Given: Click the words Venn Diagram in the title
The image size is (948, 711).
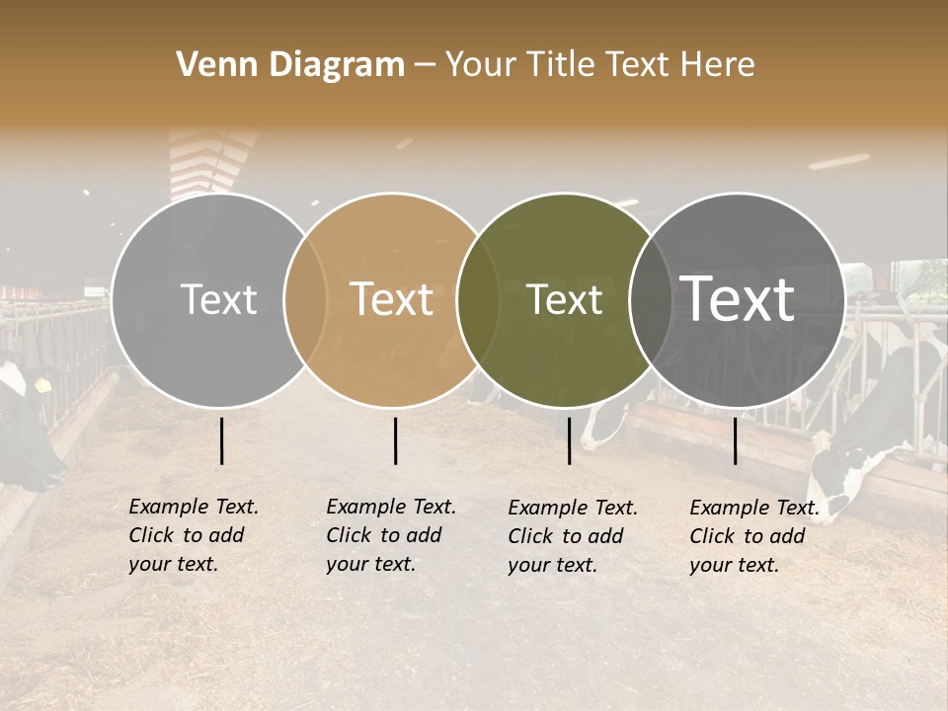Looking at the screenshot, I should [290, 65].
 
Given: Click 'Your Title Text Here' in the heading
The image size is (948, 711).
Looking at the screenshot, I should [599, 65].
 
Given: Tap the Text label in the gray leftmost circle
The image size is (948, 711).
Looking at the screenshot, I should [219, 299].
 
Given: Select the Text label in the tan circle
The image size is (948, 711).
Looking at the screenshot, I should [392, 299].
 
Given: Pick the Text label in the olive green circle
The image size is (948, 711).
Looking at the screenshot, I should [565, 299].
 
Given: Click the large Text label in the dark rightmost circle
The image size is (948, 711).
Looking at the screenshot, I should [738, 299].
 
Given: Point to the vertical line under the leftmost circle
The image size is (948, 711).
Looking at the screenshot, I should [221, 440].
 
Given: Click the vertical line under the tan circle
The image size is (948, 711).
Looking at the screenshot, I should [395, 440].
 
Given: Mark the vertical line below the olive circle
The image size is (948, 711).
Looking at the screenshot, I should [569, 440].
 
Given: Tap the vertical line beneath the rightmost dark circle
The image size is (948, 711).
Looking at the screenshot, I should [735, 440].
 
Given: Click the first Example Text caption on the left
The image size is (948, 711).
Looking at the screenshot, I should [194, 535].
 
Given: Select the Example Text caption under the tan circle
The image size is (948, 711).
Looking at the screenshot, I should [391, 535].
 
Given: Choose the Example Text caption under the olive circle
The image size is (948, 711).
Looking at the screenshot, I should [573, 536].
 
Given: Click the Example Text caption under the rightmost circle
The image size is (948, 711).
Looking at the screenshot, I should [754, 536].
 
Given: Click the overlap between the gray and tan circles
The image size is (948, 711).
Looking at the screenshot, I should [305, 299].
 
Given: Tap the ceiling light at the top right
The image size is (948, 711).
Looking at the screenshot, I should [839, 161].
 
